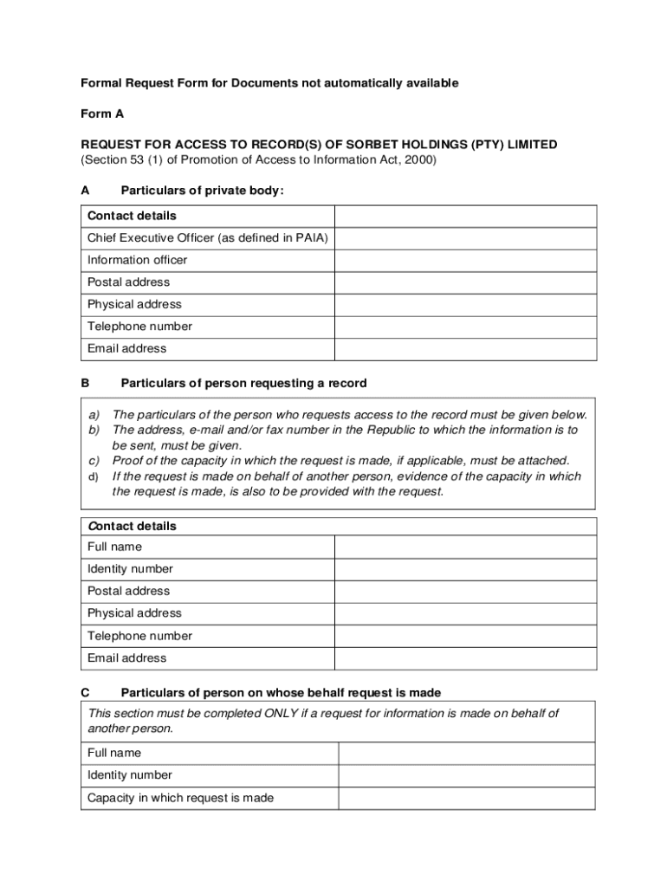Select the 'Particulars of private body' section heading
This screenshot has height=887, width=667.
click(202, 191)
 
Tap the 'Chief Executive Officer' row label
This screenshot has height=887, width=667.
click(207, 238)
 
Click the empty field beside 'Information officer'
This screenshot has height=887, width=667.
click(465, 261)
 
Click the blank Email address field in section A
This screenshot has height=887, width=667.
click(465, 349)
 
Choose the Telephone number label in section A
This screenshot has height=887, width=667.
click(139, 327)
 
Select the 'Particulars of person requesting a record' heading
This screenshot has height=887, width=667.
click(243, 383)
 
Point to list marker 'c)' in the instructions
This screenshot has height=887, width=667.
click(94, 461)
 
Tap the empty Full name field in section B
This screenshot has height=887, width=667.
click(465, 547)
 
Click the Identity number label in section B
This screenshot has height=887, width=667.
click(130, 569)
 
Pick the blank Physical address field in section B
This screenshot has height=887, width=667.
click(465, 613)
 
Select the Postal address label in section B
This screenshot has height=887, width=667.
click(128, 591)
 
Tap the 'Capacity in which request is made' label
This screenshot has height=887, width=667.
click(180, 798)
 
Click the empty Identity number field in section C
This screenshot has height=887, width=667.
click(466, 775)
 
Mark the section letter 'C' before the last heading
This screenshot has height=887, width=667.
click(85, 693)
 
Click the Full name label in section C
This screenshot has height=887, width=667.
click(114, 753)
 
